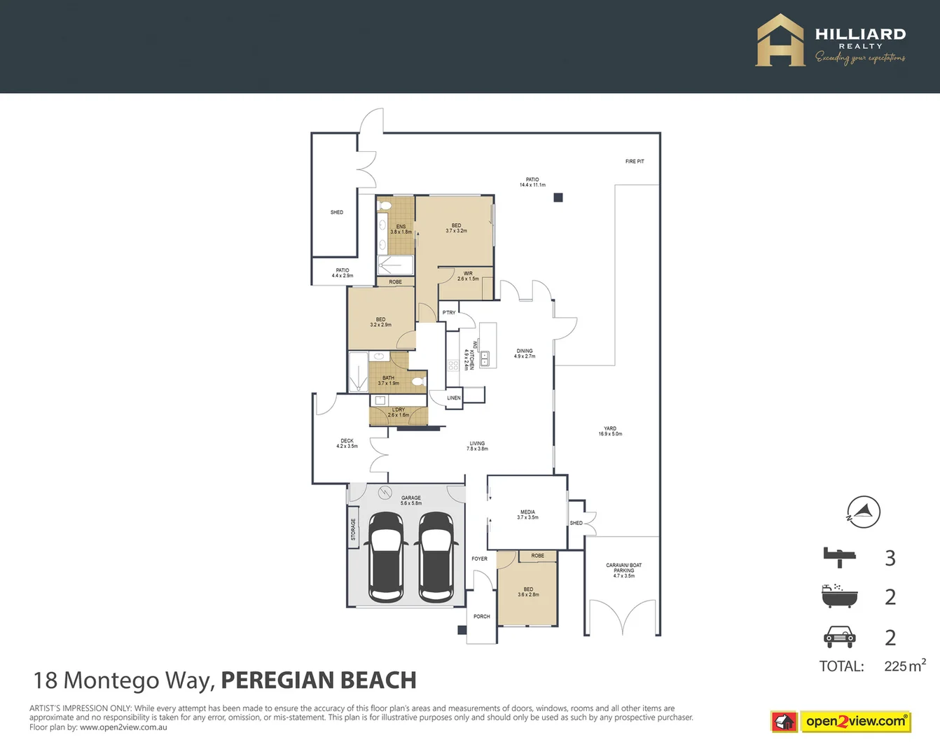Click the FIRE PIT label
[x=635, y=162]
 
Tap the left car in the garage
[x=386, y=556]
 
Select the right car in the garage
[x=436, y=556]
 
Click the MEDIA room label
[x=527, y=514]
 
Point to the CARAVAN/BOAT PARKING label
[x=623, y=570]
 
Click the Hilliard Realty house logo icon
[x=780, y=41]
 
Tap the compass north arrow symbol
[x=864, y=512]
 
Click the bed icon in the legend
[x=839, y=558]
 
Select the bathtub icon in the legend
[x=839, y=596]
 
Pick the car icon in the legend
[x=839, y=636]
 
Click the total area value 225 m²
[x=904, y=666]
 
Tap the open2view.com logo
[x=841, y=721]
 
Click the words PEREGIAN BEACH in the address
[x=319, y=680]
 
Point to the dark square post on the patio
[x=558, y=197]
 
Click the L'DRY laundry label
[x=399, y=412]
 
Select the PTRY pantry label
[x=449, y=313]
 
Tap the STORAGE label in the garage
[x=353, y=528]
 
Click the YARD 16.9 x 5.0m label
[x=610, y=431]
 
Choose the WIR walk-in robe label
[x=468, y=276]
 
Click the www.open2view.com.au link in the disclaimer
[x=123, y=727]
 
